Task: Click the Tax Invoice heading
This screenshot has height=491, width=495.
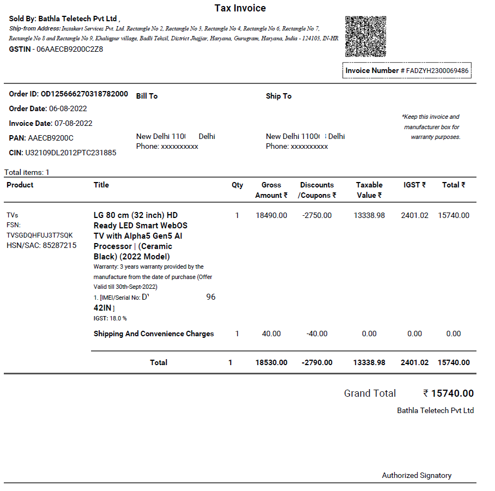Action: coord(240,8)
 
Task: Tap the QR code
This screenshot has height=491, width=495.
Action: coord(366,37)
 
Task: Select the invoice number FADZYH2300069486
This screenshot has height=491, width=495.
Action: coord(437,70)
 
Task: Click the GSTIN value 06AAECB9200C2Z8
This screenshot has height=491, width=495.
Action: coord(69,49)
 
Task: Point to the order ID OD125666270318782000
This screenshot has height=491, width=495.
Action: coord(84,94)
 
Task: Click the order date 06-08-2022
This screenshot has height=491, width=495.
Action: coord(68,108)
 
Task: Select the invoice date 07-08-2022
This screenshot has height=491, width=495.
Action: coord(74,123)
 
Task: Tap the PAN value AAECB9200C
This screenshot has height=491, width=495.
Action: coord(51,138)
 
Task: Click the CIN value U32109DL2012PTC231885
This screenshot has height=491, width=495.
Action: coord(72,153)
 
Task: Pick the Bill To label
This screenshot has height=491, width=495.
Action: coord(147,96)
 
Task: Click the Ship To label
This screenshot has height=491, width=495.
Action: coord(279,96)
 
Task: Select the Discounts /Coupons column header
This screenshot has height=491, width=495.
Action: coord(317,190)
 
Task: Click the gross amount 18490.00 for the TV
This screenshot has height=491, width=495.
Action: coord(271,215)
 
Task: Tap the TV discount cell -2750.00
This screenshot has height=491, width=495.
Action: coord(317,215)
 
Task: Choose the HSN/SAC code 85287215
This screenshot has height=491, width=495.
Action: coord(59,245)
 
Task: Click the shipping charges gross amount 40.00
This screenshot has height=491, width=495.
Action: coord(271,334)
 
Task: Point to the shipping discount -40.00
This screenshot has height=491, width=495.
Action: coord(317,334)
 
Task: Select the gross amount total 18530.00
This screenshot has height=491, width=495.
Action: coord(271,362)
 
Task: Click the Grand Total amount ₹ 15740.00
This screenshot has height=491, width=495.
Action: coord(448,393)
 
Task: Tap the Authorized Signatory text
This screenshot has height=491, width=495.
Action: coord(416,475)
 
